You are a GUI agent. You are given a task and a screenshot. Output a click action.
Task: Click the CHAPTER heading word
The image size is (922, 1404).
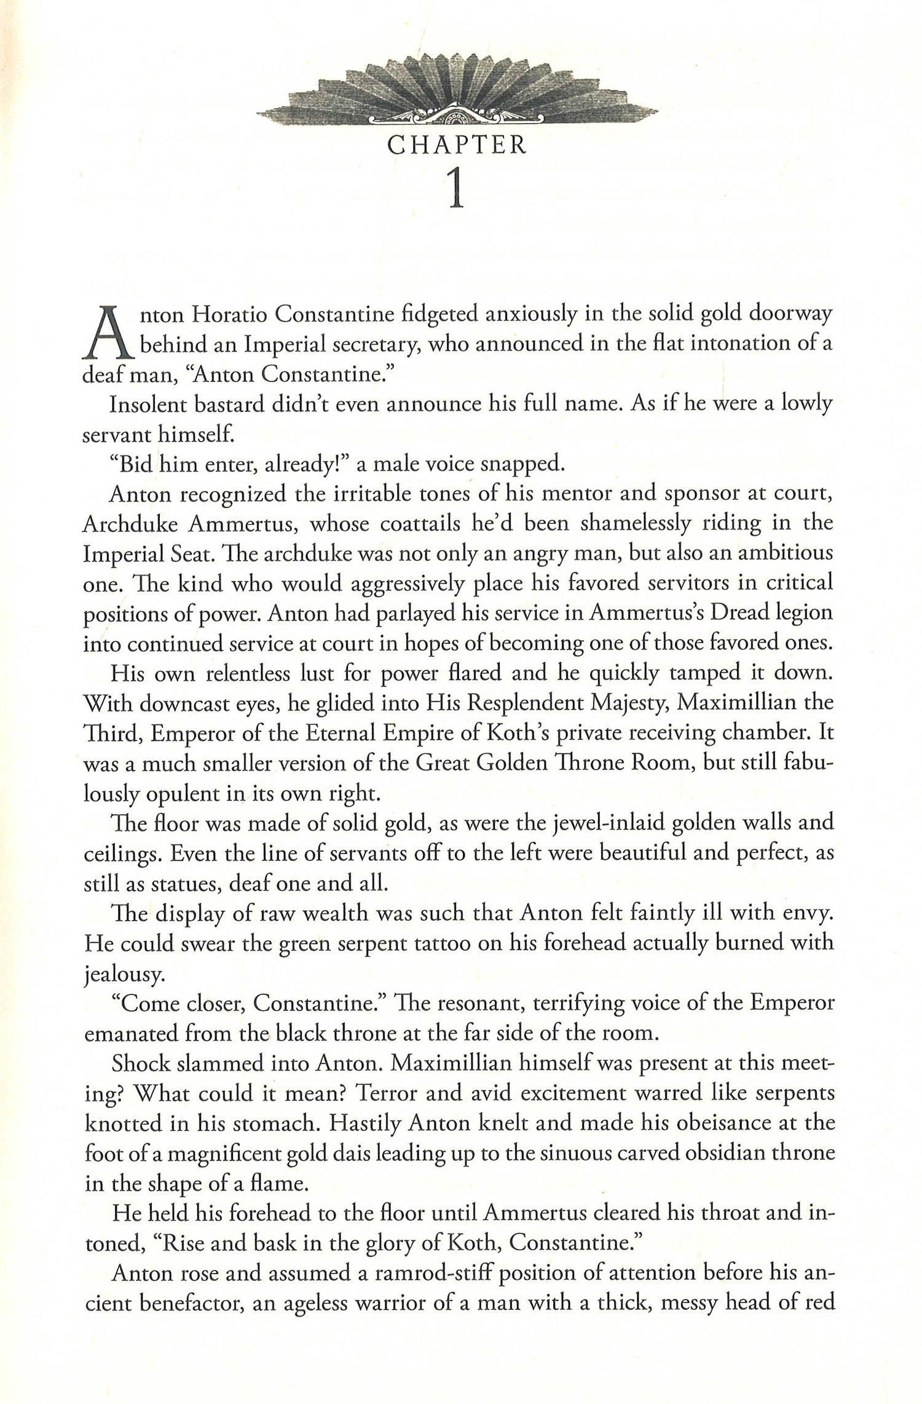pyautogui.click(x=457, y=145)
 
